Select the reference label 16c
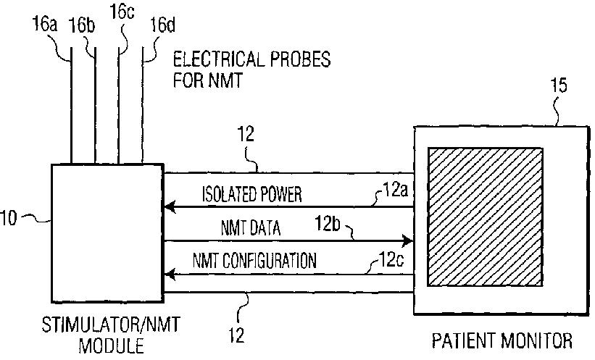122,11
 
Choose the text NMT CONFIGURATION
254,261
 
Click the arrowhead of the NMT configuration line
169,274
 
